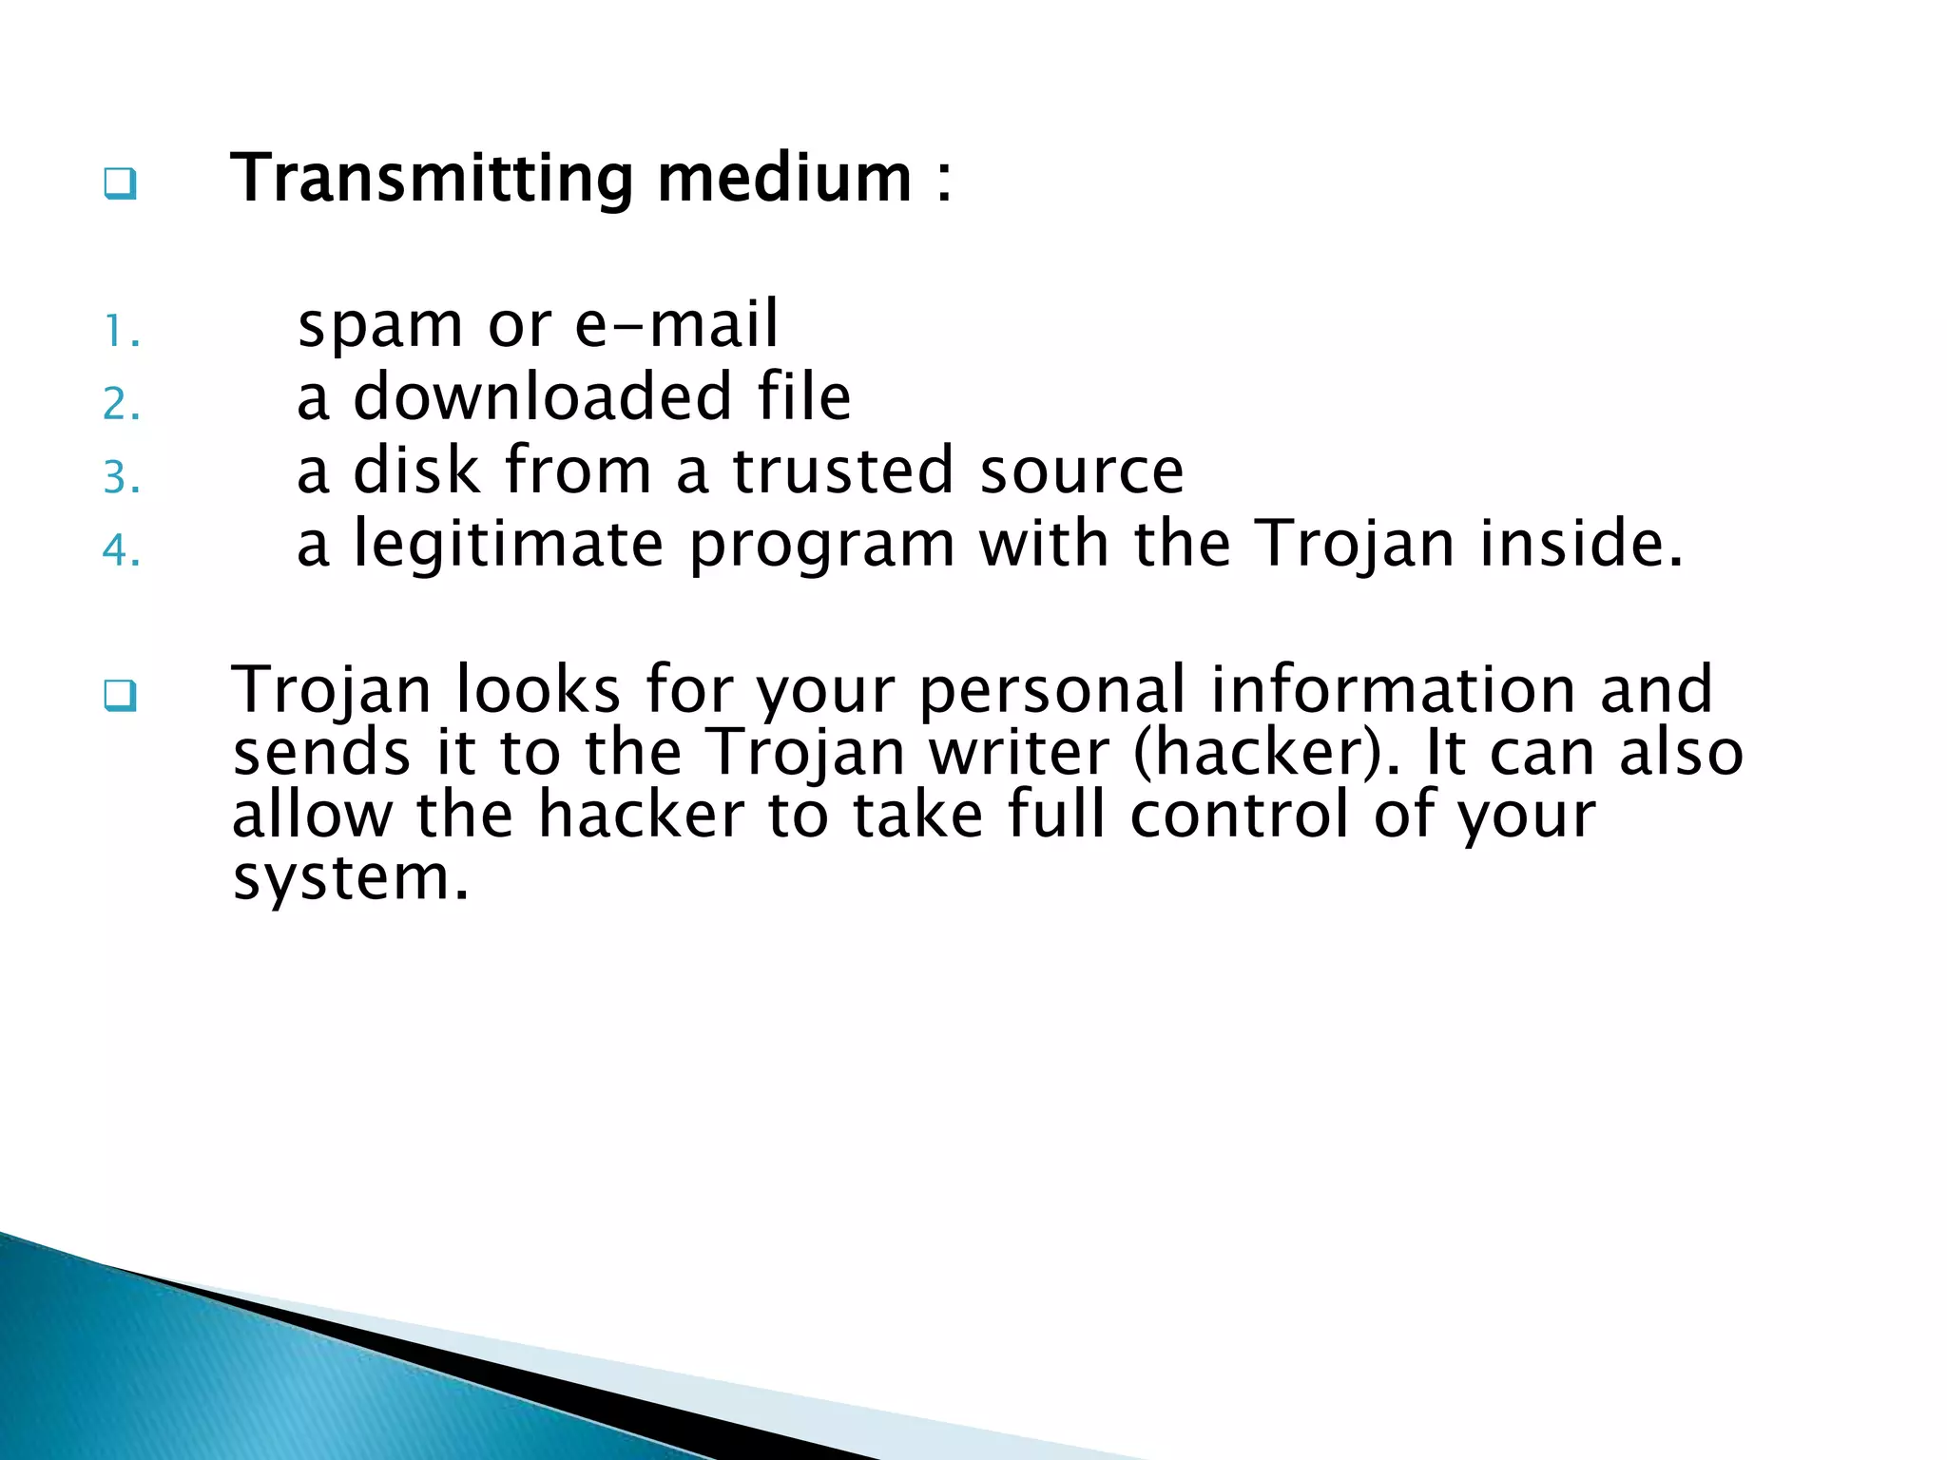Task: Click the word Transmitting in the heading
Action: (x=433, y=179)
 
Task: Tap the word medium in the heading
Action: (x=784, y=179)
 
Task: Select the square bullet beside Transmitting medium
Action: (x=120, y=183)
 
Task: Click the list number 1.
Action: (x=121, y=333)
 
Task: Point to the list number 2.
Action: (x=121, y=405)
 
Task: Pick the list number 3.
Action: (x=121, y=477)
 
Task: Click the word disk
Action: (x=416, y=470)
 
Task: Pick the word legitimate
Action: (x=509, y=545)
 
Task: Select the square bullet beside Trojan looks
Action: (x=120, y=696)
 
